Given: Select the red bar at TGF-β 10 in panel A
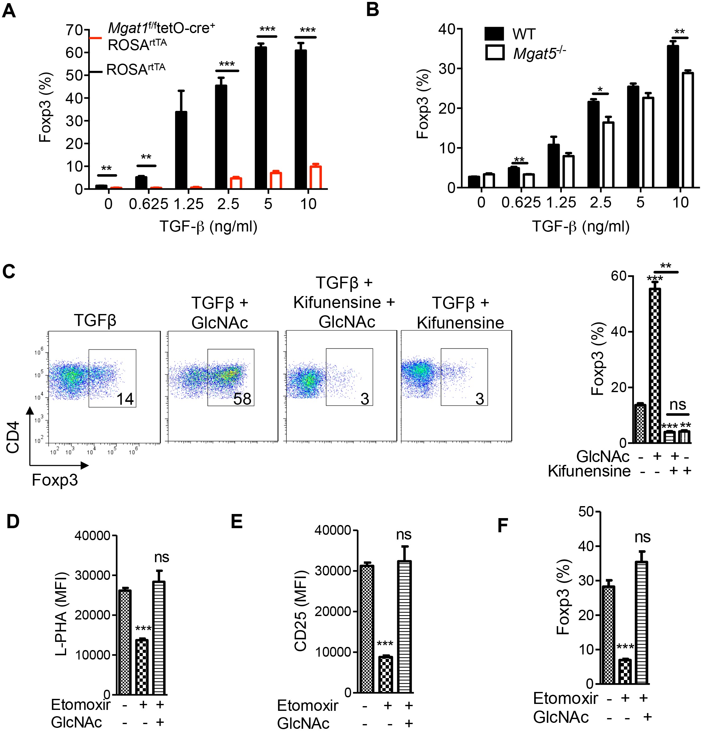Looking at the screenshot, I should click(316, 178).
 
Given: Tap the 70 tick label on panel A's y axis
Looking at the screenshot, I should click(74, 30).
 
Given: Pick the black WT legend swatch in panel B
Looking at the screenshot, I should click(494, 34).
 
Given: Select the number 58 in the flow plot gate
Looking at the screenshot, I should click(242, 399).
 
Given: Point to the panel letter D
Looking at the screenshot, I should click(13, 521).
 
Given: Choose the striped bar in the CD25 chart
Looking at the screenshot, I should click(405, 626).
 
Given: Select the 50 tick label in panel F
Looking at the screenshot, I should click(586, 512).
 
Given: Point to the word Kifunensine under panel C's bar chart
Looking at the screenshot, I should click(589, 471).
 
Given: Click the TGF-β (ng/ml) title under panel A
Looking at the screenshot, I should click(208, 226).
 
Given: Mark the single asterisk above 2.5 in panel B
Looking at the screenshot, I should click(600, 89).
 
